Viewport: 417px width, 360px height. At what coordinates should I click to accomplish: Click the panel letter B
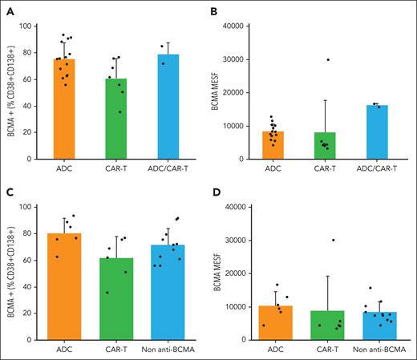click(217, 10)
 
